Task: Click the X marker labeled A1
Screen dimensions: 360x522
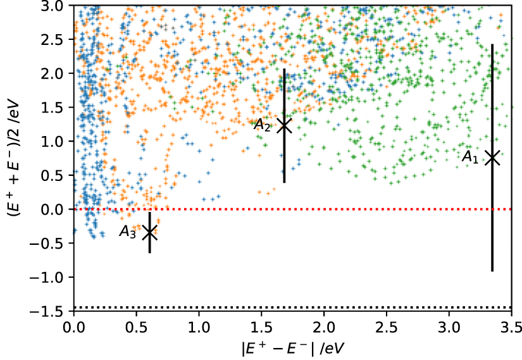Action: pos(492,158)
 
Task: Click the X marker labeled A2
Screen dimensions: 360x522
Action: pos(284,125)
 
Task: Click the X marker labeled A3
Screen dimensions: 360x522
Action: pos(149,233)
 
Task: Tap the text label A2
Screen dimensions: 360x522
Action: pos(263,125)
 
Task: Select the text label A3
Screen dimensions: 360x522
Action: pos(128,232)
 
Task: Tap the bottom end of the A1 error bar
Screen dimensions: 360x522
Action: pos(492,271)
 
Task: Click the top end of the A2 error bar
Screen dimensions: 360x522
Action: pos(284,69)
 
